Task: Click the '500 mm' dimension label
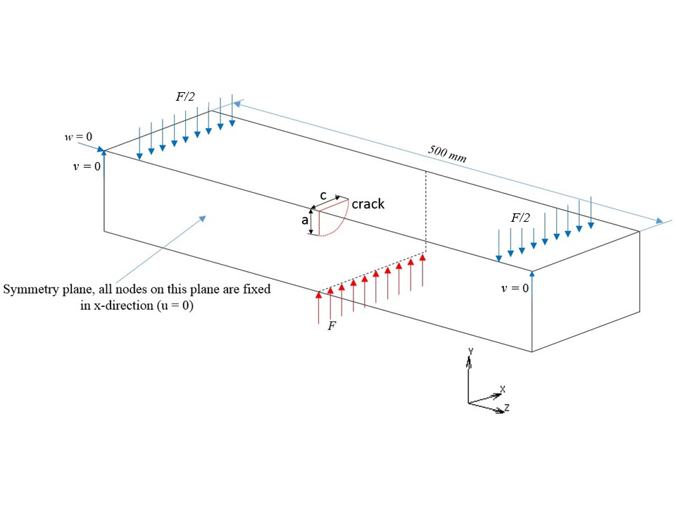(x=447, y=154)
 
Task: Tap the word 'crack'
(x=368, y=204)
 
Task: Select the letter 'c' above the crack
(x=323, y=195)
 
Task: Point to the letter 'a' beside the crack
(x=305, y=220)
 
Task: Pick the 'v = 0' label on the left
(x=87, y=167)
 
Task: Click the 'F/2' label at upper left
(x=185, y=96)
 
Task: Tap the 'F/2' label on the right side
(x=520, y=218)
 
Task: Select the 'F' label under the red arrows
(x=332, y=327)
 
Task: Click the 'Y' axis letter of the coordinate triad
(x=469, y=351)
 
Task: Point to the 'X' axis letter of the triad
(x=502, y=389)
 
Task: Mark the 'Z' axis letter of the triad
(x=507, y=407)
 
